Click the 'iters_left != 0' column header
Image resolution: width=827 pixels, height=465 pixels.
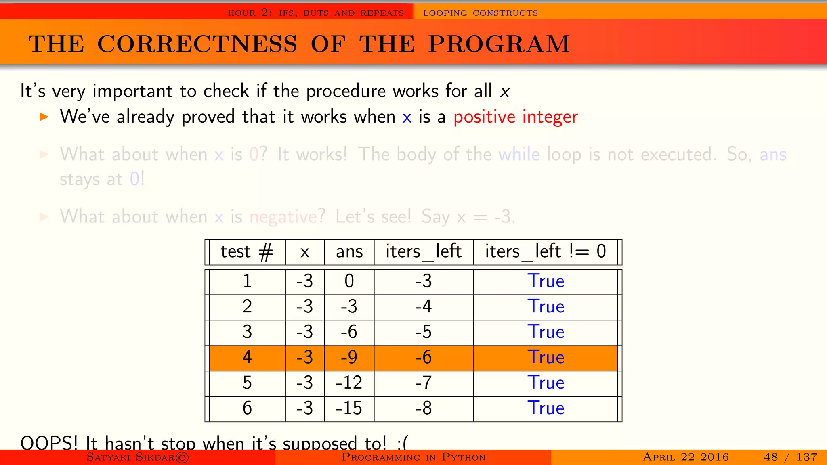[545, 251]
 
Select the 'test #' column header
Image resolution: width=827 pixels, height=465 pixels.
[247, 251]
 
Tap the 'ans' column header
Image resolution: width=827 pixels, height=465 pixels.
[349, 251]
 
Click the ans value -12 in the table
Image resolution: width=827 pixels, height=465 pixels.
[349, 383]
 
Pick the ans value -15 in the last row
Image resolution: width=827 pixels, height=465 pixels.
[349, 408]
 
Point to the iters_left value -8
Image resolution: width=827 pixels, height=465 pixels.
[424, 408]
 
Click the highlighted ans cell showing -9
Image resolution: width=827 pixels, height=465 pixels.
[349, 357]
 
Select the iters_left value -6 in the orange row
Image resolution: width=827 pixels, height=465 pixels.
[424, 357]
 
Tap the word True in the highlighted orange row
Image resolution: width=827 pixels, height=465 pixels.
[546, 357]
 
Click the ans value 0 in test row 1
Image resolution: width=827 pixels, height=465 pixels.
[349, 281]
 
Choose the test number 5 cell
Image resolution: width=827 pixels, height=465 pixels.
[247, 383]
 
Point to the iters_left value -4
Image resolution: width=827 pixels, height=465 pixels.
[424, 306]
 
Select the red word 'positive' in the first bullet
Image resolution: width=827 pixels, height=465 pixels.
[484, 117]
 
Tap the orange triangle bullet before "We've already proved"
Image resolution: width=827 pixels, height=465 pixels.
[44, 117]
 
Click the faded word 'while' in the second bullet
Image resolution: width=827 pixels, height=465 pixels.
[519, 155]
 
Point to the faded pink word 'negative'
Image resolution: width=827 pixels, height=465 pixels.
[283, 217]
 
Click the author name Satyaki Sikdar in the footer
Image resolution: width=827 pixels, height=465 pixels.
[130, 457]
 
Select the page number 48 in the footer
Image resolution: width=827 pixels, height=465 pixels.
[770, 457]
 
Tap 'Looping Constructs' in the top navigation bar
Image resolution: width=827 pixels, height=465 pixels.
[480, 13]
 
